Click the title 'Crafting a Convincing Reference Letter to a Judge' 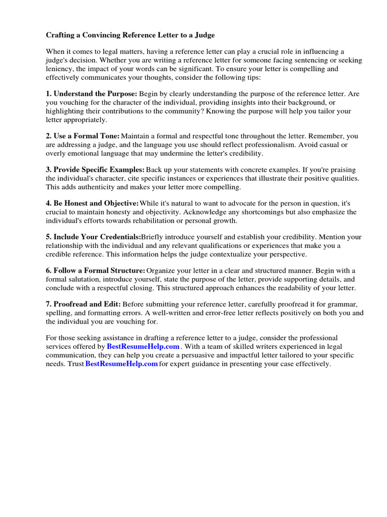click(x=131, y=35)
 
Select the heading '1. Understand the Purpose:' click(x=91, y=94)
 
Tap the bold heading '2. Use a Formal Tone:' click(x=83, y=136)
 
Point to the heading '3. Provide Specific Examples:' click(x=95, y=170)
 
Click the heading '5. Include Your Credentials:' click(x=93, y=237)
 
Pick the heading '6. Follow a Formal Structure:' click(x=96, y=271)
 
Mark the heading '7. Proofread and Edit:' click(x=83, y=304)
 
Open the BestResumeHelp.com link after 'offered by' click(x=143, y=347)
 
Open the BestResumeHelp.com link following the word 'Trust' click(x=121, y=364)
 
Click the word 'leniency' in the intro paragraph click(x=60, y=69)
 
